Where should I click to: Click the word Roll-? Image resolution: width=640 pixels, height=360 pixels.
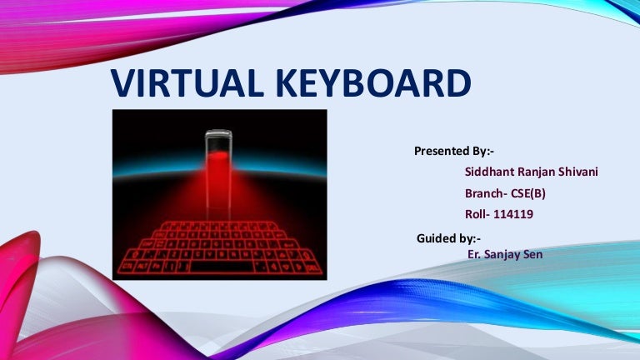click(477, 214)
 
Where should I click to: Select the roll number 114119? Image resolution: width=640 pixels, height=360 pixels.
click(514, 214)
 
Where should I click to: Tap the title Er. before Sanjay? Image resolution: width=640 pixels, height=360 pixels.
click(477, 254)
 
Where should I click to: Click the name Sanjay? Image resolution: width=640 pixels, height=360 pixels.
click(505, 254)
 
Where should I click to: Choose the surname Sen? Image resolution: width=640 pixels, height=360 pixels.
click(534, 254)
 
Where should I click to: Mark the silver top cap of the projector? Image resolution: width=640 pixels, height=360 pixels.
click(218, 133)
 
